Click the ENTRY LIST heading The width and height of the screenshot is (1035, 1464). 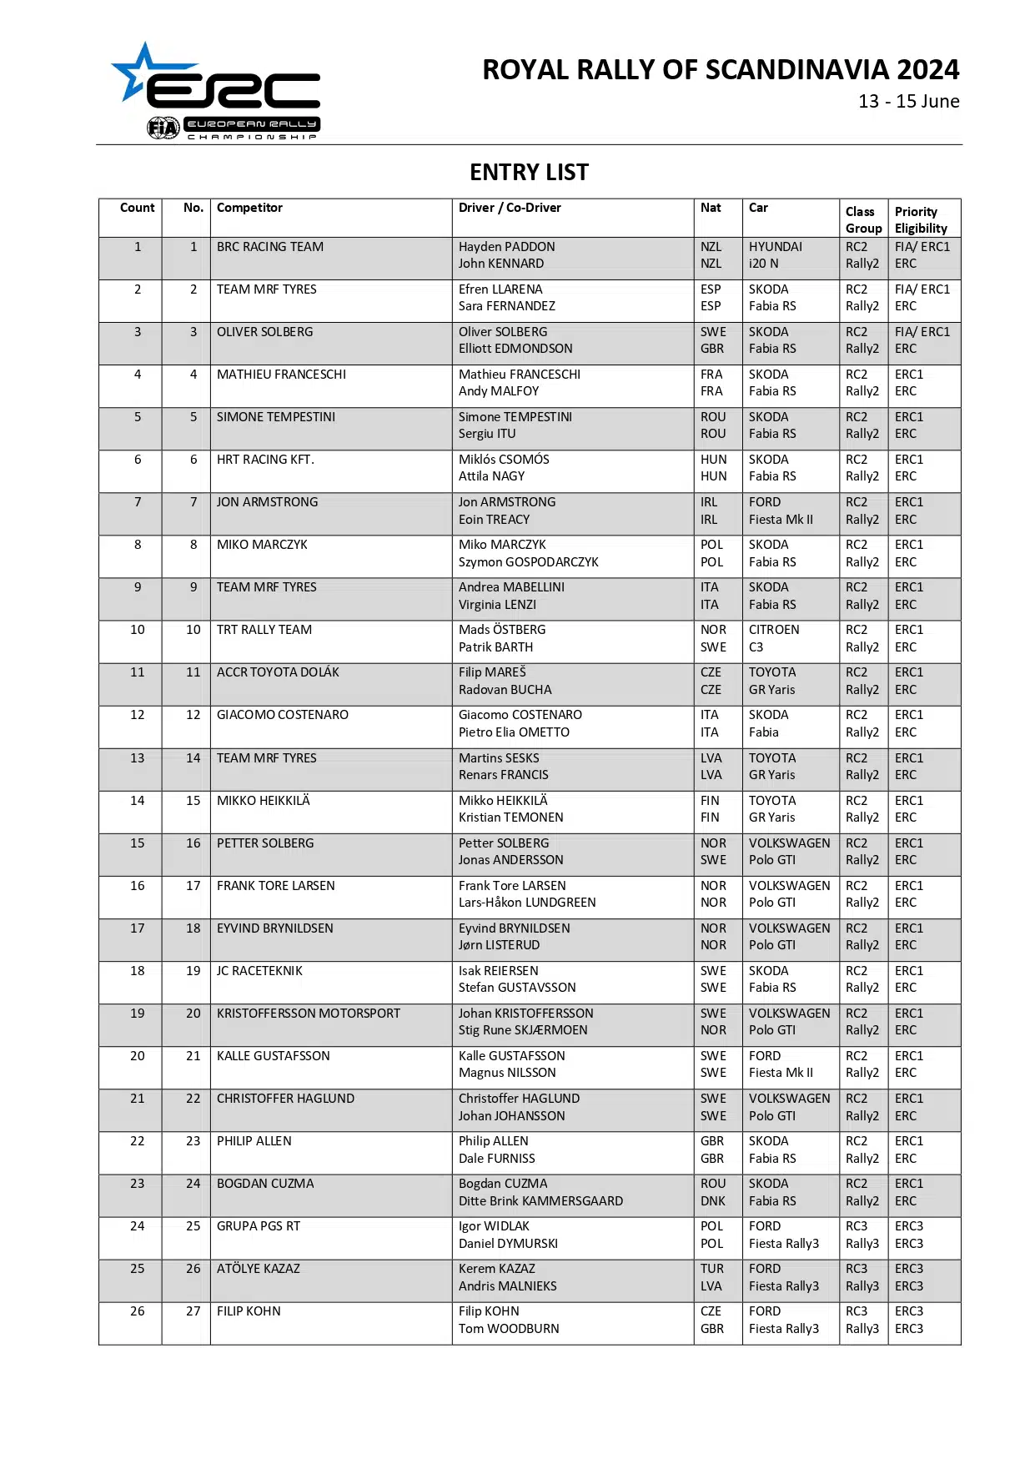click(x=529, y=173)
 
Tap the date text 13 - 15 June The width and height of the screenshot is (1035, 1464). click(x=908, y=102)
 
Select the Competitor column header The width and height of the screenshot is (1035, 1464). click(x=249, y=208)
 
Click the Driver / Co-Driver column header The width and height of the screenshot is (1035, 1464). click(x=510, y=208)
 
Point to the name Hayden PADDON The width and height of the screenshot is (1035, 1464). click(x=506, y=247)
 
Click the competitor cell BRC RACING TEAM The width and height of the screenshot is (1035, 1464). click(x=270, y=247)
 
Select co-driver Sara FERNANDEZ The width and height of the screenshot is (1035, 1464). click(x=506, y=306)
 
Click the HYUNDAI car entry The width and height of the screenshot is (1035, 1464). click(x=775, y=247)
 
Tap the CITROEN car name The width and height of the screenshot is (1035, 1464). click(x=774, y=630)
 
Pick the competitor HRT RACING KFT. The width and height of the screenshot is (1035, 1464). click(x=265, y=460)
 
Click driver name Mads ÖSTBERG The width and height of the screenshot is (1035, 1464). click(x=502, y=630)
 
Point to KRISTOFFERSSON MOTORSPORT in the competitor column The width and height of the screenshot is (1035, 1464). click(x=309, y=1014)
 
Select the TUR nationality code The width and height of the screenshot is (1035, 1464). click(x=712, y=1269)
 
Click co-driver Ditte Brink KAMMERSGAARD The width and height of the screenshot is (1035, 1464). click(x=540, y=1201)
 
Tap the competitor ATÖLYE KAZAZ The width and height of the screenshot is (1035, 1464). click(x=259, y=1269)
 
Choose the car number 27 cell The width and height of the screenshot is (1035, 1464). click(x=193, y=1311)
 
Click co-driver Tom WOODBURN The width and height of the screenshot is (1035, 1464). click(x=509, y=1329)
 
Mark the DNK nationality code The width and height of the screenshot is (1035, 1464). click(x=712, y=1201)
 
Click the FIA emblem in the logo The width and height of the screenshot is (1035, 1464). click(x=163, y=128)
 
